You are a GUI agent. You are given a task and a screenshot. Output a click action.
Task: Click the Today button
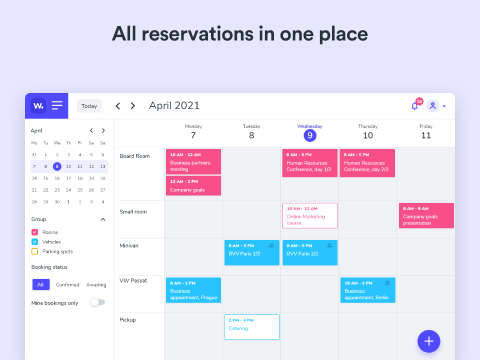tap(89, 106)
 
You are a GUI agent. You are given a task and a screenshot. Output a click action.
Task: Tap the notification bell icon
tap(414, 106)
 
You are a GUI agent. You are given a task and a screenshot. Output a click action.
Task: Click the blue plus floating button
tap(428, 341)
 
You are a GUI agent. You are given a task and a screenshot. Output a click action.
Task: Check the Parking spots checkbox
tap(35, 251)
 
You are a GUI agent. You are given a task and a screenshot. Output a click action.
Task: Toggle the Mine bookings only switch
tap(97, 302)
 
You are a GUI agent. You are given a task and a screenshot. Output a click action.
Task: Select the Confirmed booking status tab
tap(67, 284)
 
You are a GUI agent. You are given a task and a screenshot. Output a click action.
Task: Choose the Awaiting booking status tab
tap(96, 284)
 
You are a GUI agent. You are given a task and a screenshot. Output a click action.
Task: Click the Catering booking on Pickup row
tap(251, 327)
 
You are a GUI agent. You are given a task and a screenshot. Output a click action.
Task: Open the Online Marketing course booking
tap(309, 215)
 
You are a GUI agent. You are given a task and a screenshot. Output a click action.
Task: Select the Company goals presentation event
tap(426, 215)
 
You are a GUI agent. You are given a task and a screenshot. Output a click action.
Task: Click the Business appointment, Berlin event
tap(367, 290)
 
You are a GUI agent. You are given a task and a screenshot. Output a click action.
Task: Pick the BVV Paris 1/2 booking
tap(251, 252)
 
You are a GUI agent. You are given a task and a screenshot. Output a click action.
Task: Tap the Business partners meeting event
tap(193, 161)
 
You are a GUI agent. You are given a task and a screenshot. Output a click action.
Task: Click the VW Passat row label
tap(133, 280)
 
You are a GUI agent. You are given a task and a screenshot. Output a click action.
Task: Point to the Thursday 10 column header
tap(367, 132)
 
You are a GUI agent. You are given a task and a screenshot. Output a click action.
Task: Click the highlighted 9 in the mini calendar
tap(57, 166)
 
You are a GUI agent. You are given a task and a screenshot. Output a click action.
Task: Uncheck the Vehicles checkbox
tap(35, 241)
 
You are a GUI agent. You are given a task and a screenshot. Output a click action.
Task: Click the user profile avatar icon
tap(432, 106)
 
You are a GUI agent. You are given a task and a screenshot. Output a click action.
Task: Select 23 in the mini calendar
tap(57, 190)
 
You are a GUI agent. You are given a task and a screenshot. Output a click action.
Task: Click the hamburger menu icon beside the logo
tap(57, 105)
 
